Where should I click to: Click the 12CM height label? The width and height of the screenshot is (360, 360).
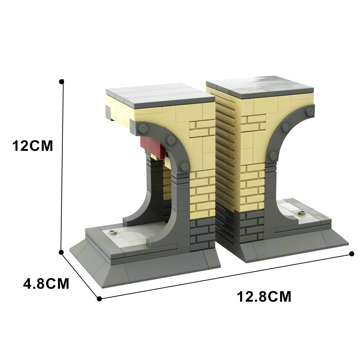tap(32, 146)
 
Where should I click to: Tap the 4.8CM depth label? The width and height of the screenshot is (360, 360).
tap(46, 284)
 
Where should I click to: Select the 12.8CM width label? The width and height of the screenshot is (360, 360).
tap(264, 297)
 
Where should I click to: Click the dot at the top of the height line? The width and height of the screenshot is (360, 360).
tap(61, 81)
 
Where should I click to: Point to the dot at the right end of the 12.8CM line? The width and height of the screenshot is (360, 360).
tap(351, 254)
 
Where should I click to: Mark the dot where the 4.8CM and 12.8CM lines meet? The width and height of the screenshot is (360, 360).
tap(99, 299)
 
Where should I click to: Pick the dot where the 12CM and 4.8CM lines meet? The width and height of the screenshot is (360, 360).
tap(61, 252)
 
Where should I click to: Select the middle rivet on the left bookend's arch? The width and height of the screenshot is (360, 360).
tap(171, 140)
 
